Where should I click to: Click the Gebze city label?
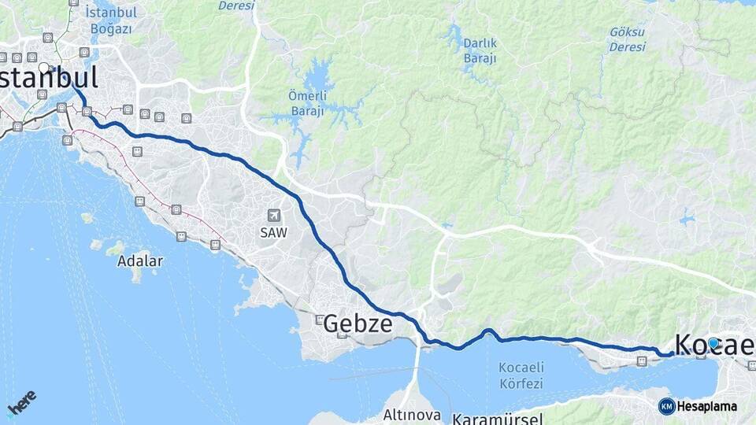point(358,323)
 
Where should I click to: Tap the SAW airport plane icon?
point(274,215)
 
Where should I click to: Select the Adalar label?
point(140,261)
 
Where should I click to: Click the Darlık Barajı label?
point(480,50)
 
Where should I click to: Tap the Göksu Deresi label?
point(627,39)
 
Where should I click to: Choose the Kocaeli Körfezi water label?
point(521,375)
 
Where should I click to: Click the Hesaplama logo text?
point(707,406)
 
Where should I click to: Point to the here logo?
point(21,402)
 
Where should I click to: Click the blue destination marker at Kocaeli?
point(713,343)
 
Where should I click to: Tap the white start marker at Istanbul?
point(44,68)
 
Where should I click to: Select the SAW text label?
point(274,233)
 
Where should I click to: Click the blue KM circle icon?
point(666,406)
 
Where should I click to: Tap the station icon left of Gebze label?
point(319,320)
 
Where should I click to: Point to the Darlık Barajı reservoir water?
point(454,35)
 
